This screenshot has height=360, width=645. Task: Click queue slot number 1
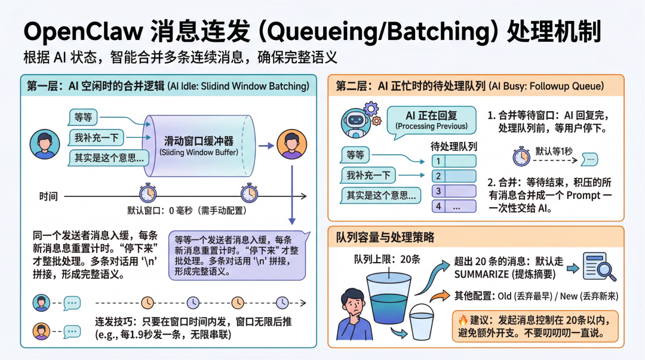[454, 161]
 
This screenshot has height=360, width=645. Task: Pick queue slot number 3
[454, 191]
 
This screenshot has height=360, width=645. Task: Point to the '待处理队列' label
[453, 146]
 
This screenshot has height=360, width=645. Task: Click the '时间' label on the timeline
[49, 196]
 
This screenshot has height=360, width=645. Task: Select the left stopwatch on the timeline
[148, 193]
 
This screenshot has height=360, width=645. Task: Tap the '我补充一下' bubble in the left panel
[96, 138]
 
